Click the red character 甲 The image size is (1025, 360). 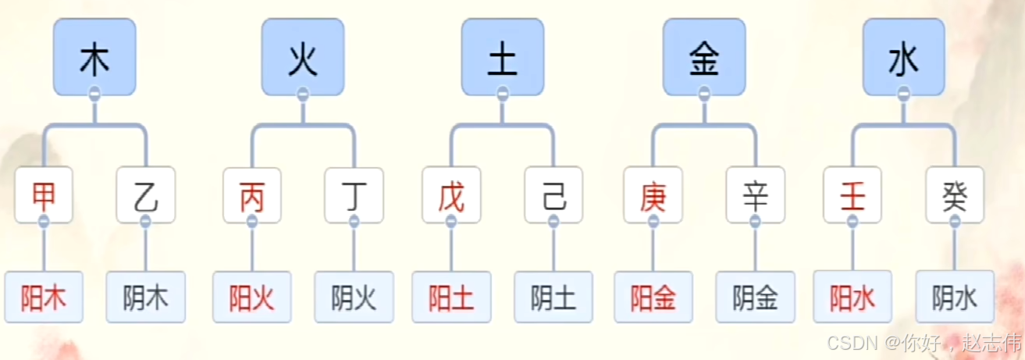pos(44,195)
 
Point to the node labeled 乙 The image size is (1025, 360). pos(145,195)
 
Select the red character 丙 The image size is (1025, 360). pos(251,195)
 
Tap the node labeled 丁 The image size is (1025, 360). pos(354,195)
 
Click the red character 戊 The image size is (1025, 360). pos(451,195)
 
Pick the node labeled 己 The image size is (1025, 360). pos(553,195)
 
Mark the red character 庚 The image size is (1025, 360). pos(653,195)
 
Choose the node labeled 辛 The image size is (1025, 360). pos(755,195)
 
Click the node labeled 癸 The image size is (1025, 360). pos(955,195)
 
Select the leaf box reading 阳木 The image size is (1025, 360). pos(44,297)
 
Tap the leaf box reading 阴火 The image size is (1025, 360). pos(354,297)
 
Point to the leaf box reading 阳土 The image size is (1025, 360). pos(451,297)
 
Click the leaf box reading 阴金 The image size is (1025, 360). pos(755,297)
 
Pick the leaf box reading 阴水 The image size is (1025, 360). pos(955,297)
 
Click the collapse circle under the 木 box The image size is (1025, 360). pos(94,94)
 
